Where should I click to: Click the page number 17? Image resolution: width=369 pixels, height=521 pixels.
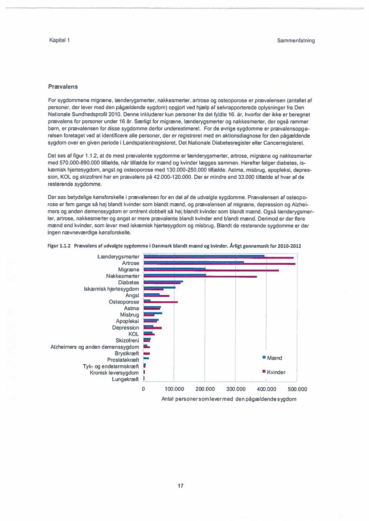(x=180, y=486)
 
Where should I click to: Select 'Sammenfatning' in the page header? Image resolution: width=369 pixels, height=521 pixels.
(x=295, y=41)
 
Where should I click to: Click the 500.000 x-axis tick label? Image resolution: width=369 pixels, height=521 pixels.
(x=298, y=389)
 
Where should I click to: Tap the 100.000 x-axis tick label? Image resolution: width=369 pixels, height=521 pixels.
(x=174, y=389)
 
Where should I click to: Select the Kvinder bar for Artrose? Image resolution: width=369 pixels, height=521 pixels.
(x=219, y=264)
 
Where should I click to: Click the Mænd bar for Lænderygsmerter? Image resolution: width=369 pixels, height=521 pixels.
(x=204, y=256)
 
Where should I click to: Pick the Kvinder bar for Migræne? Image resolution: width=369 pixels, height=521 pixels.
(x=211, y=271)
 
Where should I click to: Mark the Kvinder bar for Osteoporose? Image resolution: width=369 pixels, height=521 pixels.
(x=160, y=303)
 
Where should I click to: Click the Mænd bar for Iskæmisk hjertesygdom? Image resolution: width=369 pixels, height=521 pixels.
(x=160, y=288)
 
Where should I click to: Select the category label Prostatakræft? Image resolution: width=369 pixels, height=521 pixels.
(x=123, y=360)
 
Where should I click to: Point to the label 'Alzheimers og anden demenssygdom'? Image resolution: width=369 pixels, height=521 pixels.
(x=95, y=347)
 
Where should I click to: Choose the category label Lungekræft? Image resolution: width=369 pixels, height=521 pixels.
(x=125, y=379)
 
